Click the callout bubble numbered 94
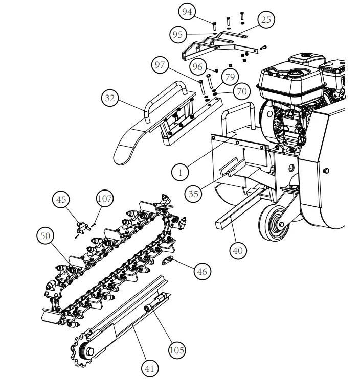point(187,11)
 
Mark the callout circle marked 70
point(241,91)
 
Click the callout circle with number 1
point(180,172)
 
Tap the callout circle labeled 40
point(238,250)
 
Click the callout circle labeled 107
point(104,199)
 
